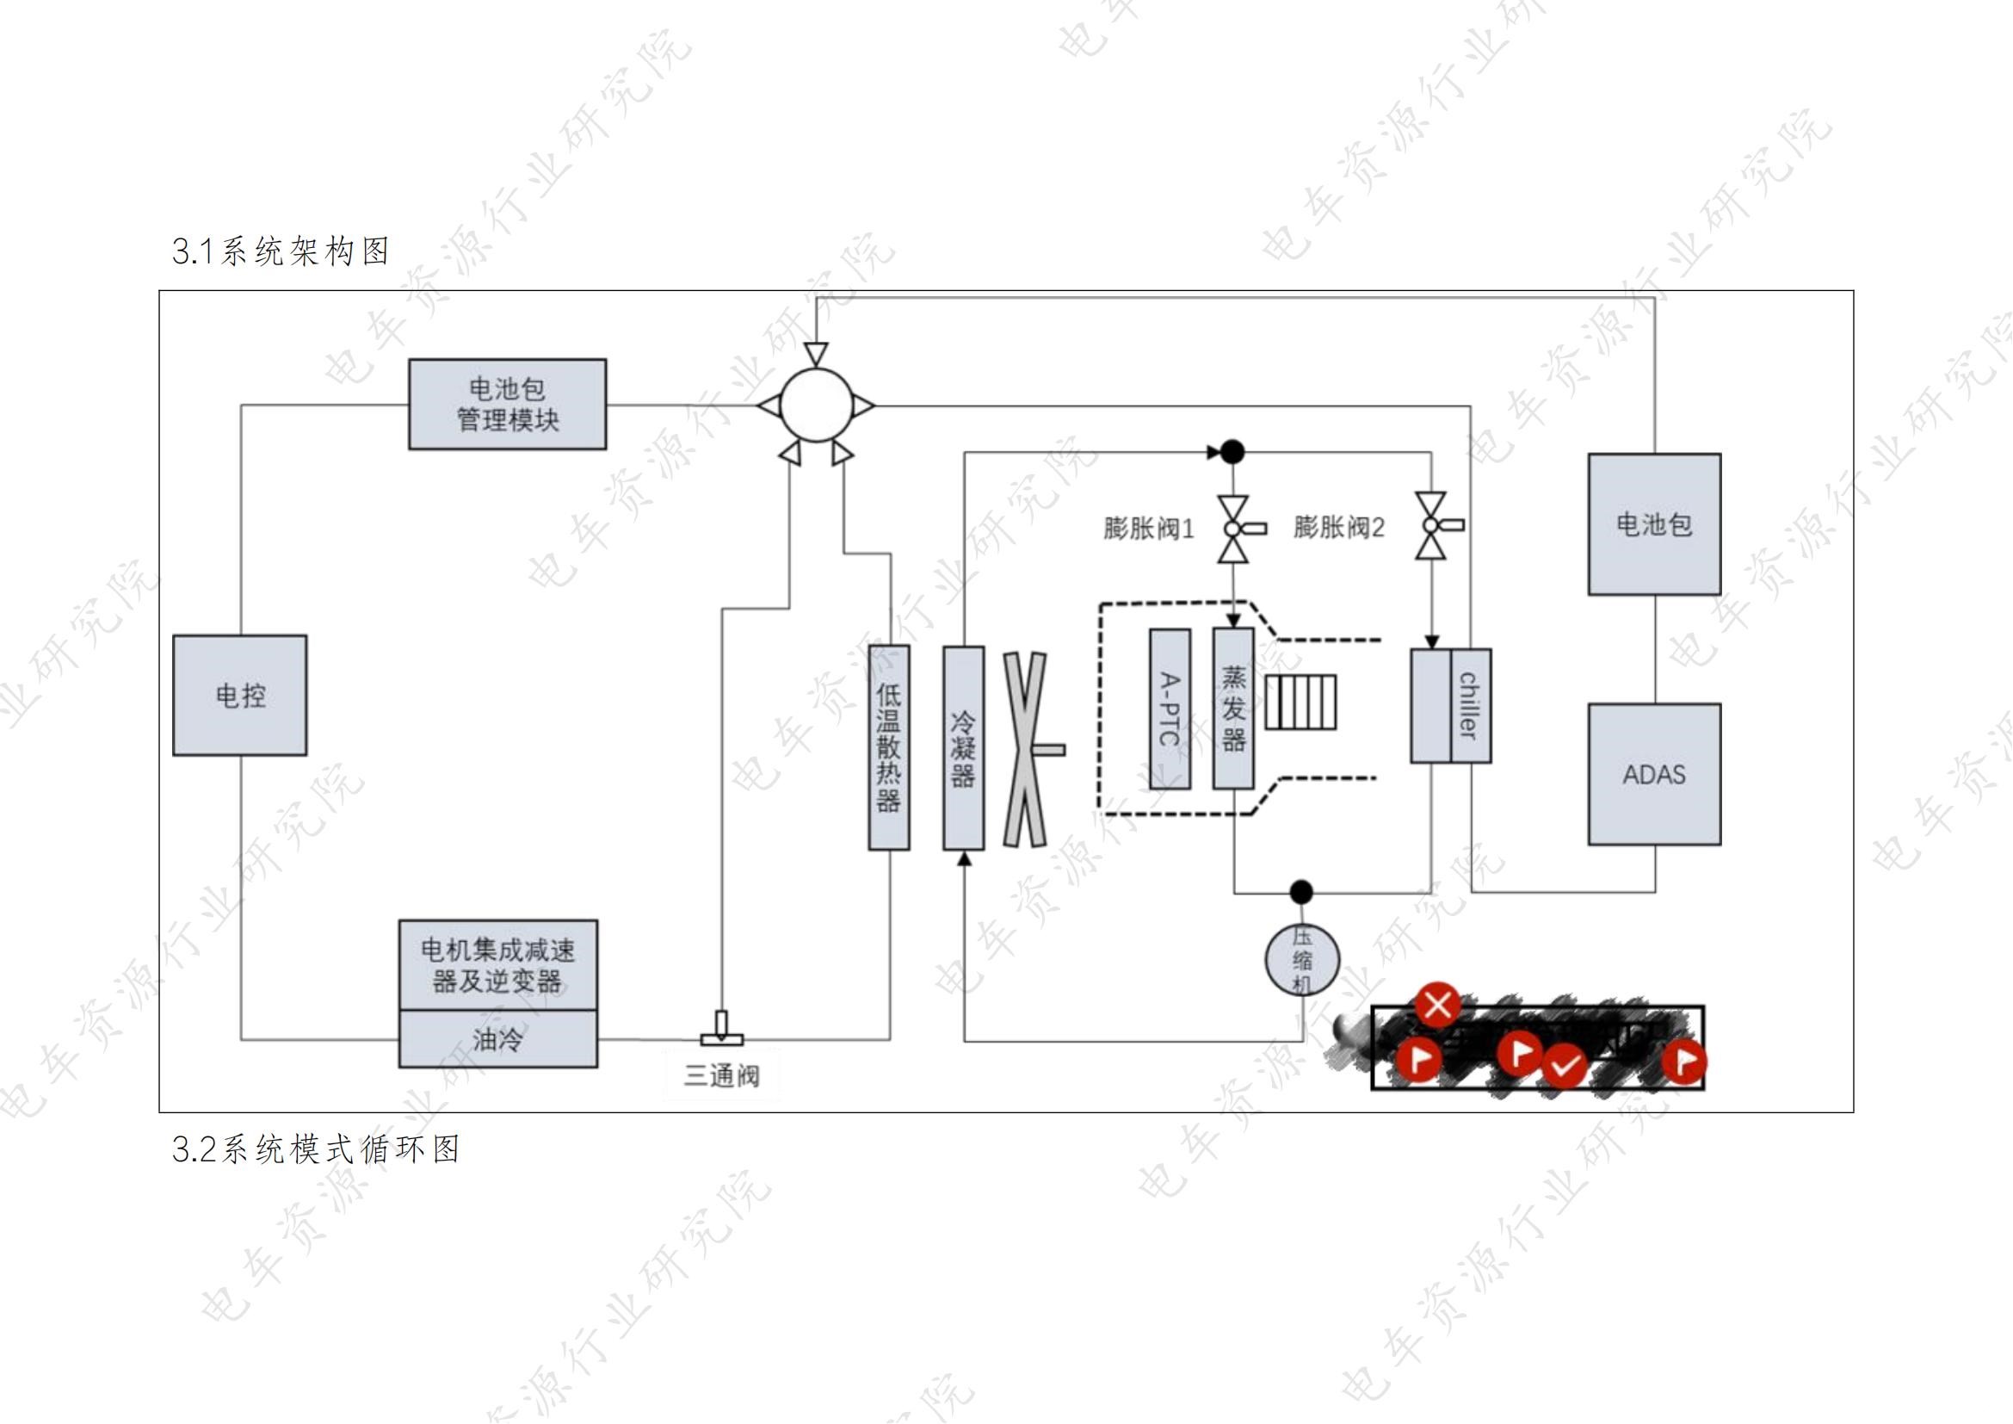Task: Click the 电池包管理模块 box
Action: click(507, 405)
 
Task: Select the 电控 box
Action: click(239, 696)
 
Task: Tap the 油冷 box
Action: click(498, 1039)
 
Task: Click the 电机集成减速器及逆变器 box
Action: click(498, 964)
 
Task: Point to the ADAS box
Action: click(1653, 774)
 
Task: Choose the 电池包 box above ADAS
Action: click(1653, 524)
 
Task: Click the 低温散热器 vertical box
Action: click(888, 747)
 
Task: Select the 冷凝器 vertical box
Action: click(963, 748)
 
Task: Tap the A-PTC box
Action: click(1170, 709)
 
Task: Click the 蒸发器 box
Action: click(1232, 709)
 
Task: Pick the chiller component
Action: click(1450, 706)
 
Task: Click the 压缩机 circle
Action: click(1302, 960)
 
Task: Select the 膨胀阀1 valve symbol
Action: click(1233, 529)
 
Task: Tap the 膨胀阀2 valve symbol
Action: click(1432, 525)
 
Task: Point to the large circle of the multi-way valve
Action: click(815, 406)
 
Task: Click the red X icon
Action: click(1438, 1005)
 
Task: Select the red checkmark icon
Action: click(1563, 1066)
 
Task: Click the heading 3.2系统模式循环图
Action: click(316, 1148)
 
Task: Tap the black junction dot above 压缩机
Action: click(1302, 893)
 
